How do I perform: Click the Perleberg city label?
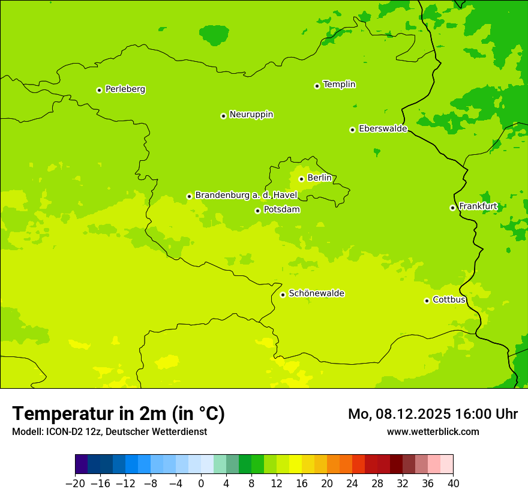pos(125,89)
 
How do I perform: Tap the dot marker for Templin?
pos(317,86)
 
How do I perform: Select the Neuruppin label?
pos(251,115)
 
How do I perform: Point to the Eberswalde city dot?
pos(352,130)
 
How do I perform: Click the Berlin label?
pos(319,178)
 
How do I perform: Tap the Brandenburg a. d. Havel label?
pos(246,196)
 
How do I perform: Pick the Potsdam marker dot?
pos(257,211)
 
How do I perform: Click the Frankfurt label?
pos(478,206)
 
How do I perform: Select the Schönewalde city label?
pos(316,293)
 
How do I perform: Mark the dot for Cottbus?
pos(427,301)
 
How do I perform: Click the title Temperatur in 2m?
pos(118,414)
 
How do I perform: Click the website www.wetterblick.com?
pos(433,431)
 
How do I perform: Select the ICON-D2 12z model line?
pos(109,431)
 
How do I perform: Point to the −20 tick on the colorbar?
pos(76,484)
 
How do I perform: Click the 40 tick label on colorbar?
pos(453,484)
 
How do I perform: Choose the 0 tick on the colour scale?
pos(201,484)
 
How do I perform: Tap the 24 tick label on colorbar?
pos(352,484)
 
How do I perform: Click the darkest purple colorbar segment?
pos(82,464)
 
